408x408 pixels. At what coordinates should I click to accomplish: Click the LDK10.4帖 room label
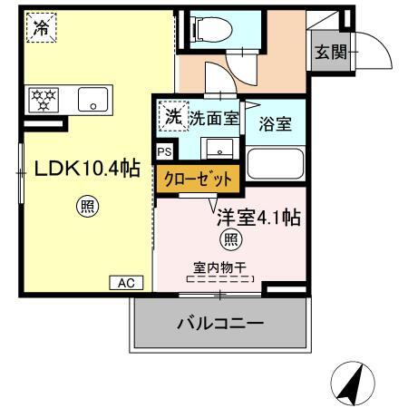click(x=87, y=170)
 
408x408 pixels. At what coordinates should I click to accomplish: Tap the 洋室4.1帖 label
click(x=257, y=218)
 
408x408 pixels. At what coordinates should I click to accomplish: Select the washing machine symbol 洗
click(x=170, y=115)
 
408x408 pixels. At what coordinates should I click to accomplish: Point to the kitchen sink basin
click(x=92, y=99)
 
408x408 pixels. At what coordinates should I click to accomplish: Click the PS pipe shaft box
click(x=165, y=151)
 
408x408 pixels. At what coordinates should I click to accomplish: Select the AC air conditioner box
click(x=126, y=283)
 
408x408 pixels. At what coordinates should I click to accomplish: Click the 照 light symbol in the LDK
click(x=87, y=207)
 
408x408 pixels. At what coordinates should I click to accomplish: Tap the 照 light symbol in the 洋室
click(x=233, y=239)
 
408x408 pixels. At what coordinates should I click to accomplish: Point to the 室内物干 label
click(x=222, y=266)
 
